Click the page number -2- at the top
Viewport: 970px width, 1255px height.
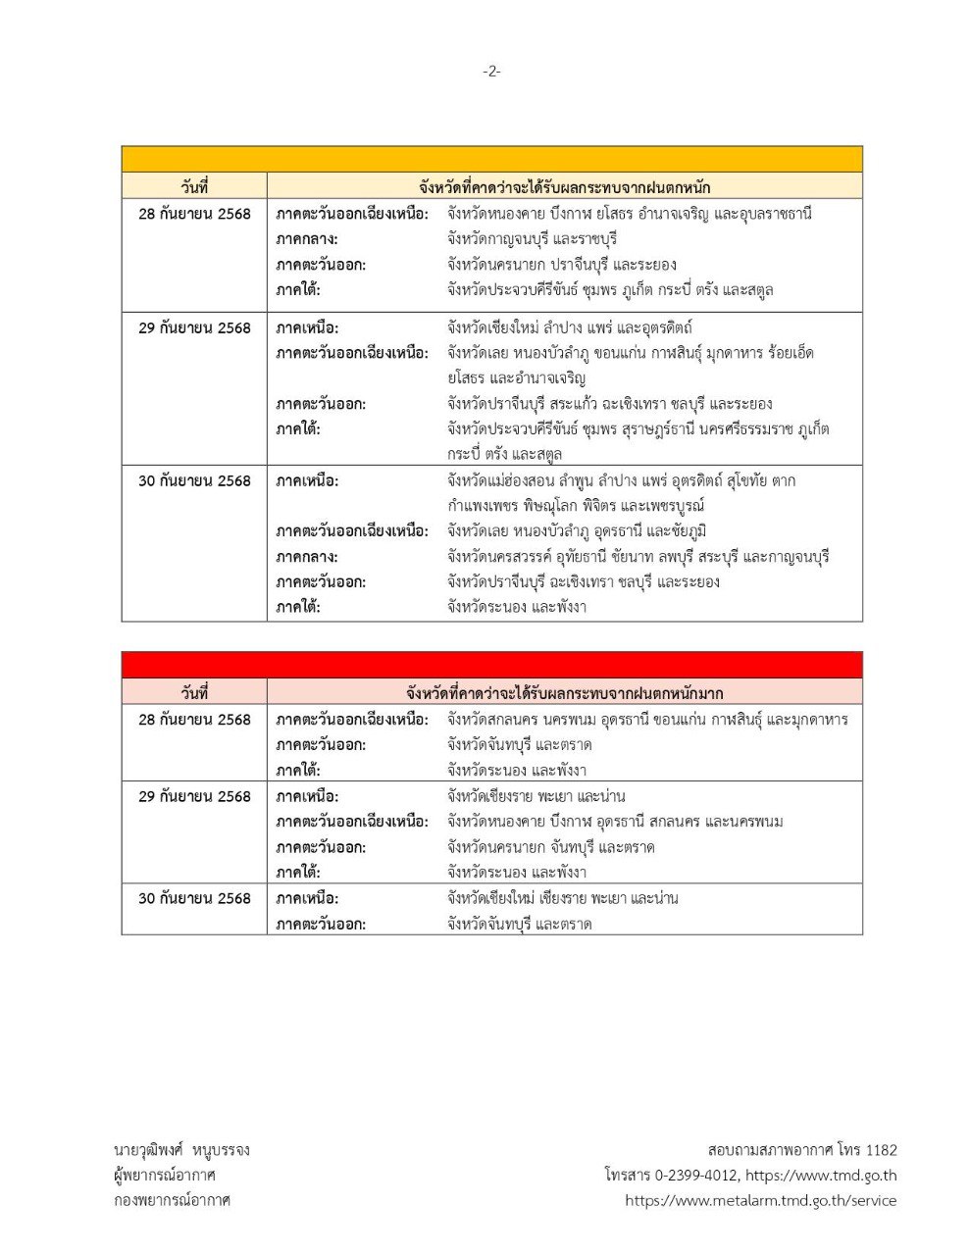pyautogui.click(x=491, y=71)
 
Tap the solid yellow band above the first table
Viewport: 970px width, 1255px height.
pyautogui.click(x=491, y=160)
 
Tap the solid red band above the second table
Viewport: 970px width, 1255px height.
pyautogui.click(x=491, y=665)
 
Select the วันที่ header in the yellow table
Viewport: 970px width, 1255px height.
pyautogui.click(x=194, y=187)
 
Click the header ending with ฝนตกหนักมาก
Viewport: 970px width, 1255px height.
pyautogui.click(x=564, y=693)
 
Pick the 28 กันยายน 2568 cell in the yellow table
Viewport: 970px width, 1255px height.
pyautogui.click(x=194, y=214)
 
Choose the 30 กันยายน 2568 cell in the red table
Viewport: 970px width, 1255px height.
pyautogui.click(x=194, y=898)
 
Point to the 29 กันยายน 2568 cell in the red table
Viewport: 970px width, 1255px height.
pyautogui.click(x=194, y=796)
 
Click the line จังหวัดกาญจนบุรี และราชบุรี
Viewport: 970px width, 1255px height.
pyautogui.click(x=532, y=239)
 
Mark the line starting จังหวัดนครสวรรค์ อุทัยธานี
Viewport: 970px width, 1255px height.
pyautogui.click(x=638, y=557)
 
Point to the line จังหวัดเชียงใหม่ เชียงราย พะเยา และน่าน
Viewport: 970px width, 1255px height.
pyautogui.click(x=562, y=898)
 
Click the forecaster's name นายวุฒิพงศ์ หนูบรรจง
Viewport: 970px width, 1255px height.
pyautogui.click(x=181, y=1150)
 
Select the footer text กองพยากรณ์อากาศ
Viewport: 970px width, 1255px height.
pyautogui.click(x=172, y=1200)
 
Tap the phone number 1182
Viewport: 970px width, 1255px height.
pyautogui.click(x=880, y=1150)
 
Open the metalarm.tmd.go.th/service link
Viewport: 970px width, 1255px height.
pyautogui.click(x=760, y=1200)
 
